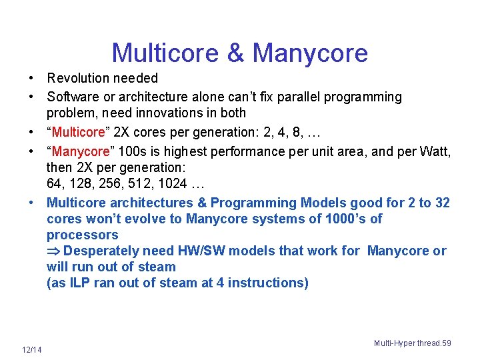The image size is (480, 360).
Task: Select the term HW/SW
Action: (199, 251)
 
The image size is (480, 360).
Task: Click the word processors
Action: (82, 235)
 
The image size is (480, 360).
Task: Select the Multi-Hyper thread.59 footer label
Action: (412, 343)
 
